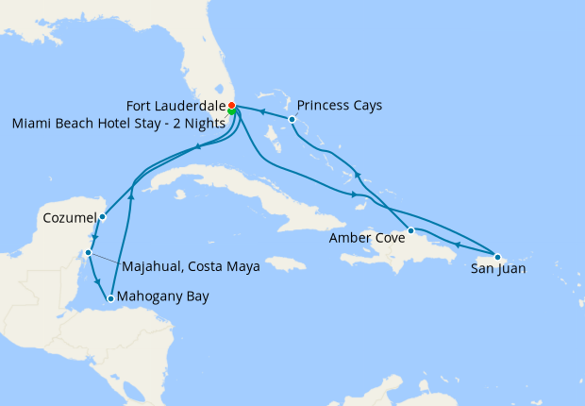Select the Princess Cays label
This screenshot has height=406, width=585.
click(x=339, y=105)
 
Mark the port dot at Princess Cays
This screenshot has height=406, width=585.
click(x=292, y=120)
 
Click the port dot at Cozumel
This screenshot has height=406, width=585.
click(x=102, y=217)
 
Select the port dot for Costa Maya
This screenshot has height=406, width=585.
click(x=88, y=253)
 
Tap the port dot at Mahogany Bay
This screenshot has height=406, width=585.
click(x=110, y=298)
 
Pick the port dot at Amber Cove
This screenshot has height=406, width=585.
click(x=410, y=230)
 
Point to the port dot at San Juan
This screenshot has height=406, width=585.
click(x=497, y=256)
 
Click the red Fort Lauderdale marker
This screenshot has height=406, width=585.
click(x=232, y=105)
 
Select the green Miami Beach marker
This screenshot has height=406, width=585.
click(x=231, y=111)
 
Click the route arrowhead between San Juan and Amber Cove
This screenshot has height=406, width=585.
click(x=457, y=245)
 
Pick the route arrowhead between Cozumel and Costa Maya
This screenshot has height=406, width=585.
click(x=94, y=237)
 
